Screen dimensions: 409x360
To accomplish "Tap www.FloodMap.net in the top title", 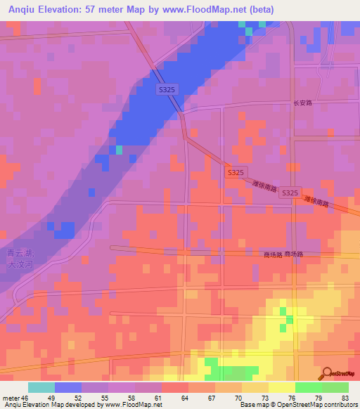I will (x=198, y=10).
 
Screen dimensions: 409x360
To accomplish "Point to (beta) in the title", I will (x=258, y=10).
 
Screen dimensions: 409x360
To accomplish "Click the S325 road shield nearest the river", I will (x=167, y=89).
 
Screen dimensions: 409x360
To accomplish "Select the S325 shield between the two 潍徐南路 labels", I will (x=289, y=193).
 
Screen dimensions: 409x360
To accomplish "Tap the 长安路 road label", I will (x=302, y=103).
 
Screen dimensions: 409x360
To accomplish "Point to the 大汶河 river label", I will (x=20, y=265).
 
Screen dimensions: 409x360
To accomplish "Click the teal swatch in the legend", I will (x=41, y=387).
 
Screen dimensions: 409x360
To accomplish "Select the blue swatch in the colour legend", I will (x=68, y=387).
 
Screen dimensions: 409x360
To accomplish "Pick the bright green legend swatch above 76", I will (x=309, y=387).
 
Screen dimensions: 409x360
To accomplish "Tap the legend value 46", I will (x=25, y=397).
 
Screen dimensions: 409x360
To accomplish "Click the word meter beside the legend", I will (x=10, y=397).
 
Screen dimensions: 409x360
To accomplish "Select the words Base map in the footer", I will (x=252, y=405).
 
